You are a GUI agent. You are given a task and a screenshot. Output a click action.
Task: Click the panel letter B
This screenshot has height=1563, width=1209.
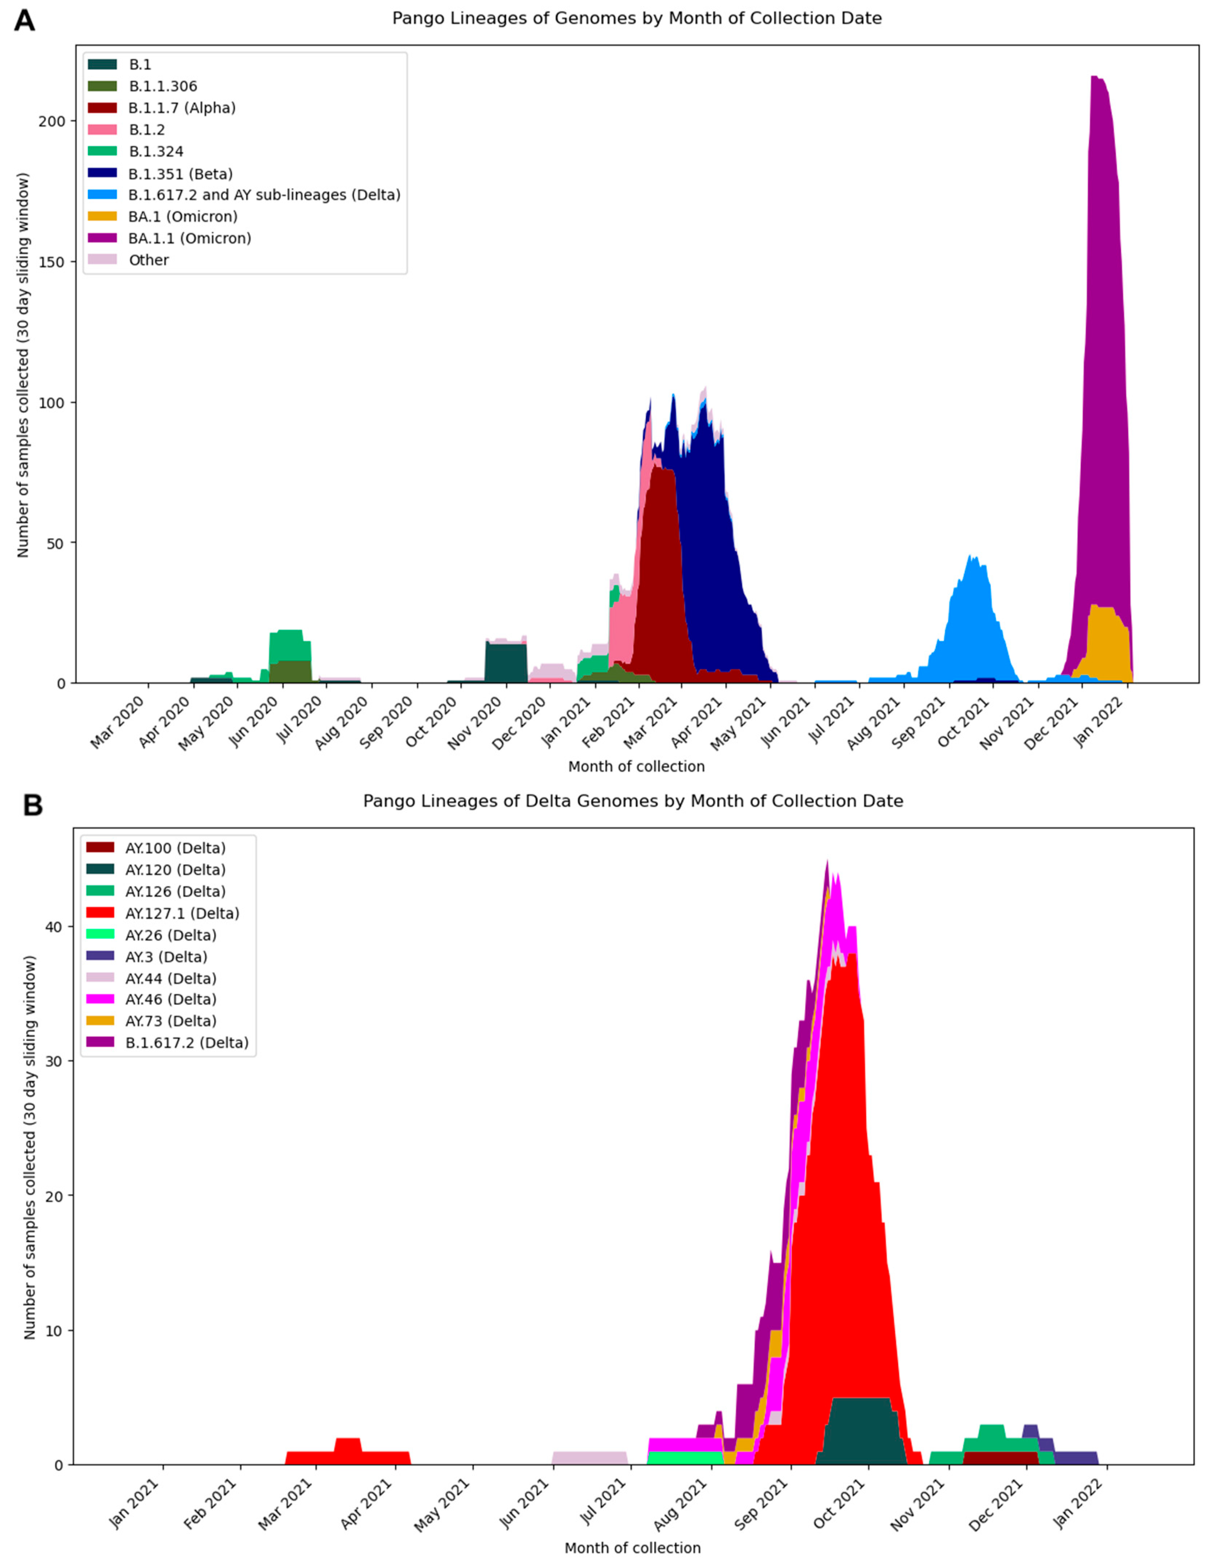pyautogui.click(x=32, y=805)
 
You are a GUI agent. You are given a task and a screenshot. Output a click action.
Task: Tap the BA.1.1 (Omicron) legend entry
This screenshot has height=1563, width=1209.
pyautogui.click(x=189, y=238)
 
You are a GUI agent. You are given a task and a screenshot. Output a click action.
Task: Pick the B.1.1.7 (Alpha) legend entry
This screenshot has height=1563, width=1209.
pyautogui.click(x=182, y=108)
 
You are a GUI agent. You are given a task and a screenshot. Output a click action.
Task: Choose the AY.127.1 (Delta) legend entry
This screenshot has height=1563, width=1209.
pyautogui.click(x=182, y=913)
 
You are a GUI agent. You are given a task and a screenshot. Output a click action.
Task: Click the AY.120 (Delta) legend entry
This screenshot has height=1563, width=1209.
pyautogui.click(x=175, y=870)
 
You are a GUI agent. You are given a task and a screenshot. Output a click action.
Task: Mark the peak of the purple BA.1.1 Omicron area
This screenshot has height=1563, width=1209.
pyautogui.click(x=1094, y=77)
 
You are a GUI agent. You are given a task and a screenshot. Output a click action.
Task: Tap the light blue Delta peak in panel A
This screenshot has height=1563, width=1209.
pyautogui.click(x=971, y=556)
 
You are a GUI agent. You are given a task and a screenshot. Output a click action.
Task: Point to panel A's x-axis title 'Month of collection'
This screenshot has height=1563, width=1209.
pyautogui.click(x=636, y=766)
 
